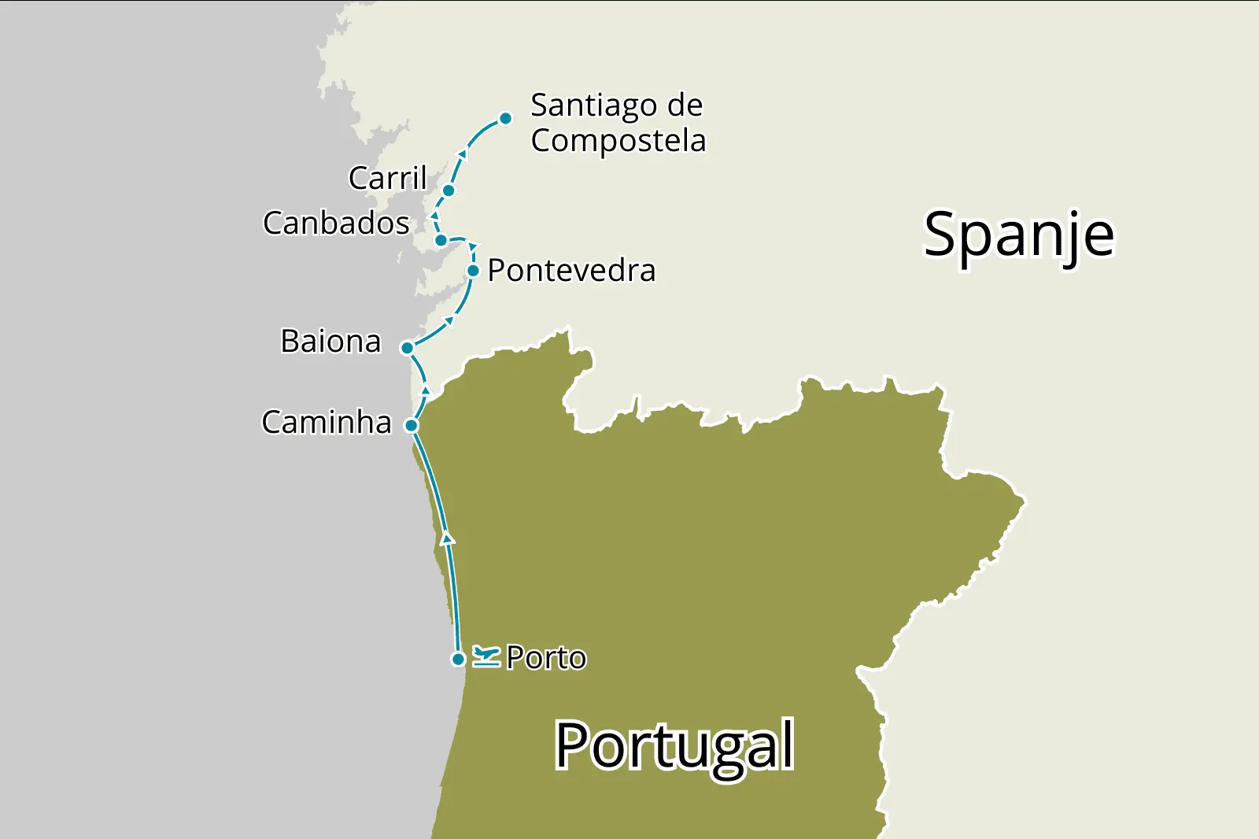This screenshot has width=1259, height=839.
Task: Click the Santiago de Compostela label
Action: tap(617, 123)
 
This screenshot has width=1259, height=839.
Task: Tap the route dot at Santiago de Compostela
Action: tap(506, 119)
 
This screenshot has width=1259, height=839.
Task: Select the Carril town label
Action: tap(387, 178)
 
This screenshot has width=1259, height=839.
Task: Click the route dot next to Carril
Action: tap(449, 190)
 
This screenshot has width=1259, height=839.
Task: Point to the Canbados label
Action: tap(336, 224)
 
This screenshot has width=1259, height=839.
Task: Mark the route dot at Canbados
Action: tap(441, 240)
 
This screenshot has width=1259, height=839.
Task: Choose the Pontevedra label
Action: tap(571, 271)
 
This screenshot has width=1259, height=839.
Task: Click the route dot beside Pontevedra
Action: tap(473, 271)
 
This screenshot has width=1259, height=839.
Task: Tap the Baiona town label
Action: tap(330, 342)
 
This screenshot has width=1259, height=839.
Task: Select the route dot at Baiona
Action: tap(408, 348)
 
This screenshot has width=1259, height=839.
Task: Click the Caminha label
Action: tap(327, 423)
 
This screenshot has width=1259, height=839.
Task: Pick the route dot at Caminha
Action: tap(411, 426)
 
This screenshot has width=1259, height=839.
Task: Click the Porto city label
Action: tap(546, 658)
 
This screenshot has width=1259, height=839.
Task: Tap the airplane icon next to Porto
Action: tap(486, 656)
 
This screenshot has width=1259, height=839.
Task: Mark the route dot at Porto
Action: tap(458, 659)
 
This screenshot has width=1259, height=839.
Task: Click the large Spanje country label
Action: tap(1019, 235)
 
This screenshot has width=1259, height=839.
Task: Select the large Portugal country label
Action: tap(674, 746)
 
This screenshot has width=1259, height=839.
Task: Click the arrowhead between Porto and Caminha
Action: tap(448, 539)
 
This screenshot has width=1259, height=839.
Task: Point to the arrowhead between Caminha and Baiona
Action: tap(426, 390)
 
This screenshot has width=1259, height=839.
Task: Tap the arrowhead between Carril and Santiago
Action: tap(463, 153)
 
